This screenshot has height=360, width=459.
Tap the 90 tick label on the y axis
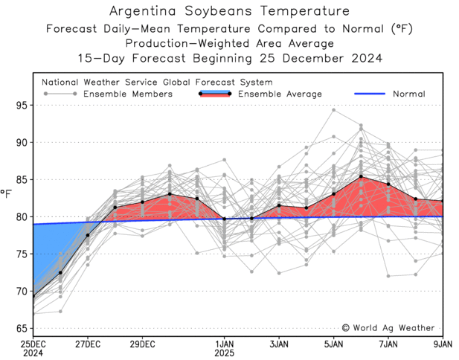tap(22, 143)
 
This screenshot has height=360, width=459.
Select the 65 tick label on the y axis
tap(22, 328)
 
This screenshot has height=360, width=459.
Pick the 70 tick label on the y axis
tap(22, 291)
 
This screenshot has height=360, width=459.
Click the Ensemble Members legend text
tap(128, 94)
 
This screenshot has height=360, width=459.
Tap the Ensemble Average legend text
tap(280, 94)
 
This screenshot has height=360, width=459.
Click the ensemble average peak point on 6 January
tap(361, 177)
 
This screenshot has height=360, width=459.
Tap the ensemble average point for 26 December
tap(60, 272)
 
